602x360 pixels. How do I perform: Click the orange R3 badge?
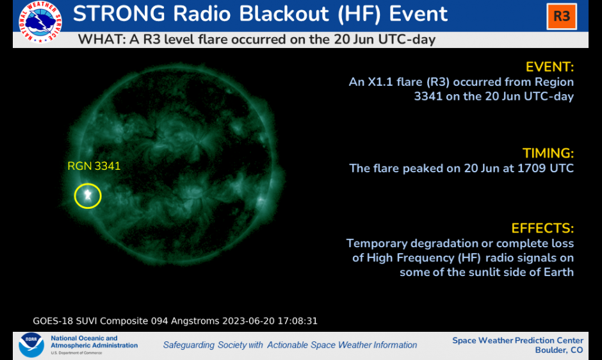pos(562,17)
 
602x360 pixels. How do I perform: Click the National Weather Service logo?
pos(40,22)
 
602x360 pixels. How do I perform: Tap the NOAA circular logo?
pos(31,345)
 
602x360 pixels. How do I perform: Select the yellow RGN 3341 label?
pos(94,166)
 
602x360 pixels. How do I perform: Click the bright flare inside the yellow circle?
pos(88,195)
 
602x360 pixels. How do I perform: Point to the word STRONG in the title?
pos(119,14)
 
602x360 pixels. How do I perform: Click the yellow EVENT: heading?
pos(549,67)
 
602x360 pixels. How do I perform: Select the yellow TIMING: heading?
pos(548,153)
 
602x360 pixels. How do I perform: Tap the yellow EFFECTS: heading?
pos(542,228)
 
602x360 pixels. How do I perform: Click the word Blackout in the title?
pos(284,14)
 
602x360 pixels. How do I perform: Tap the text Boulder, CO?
pos(559,350)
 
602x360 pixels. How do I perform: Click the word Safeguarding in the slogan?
pos(189,345)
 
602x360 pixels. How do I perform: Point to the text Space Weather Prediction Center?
pos(517,340)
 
